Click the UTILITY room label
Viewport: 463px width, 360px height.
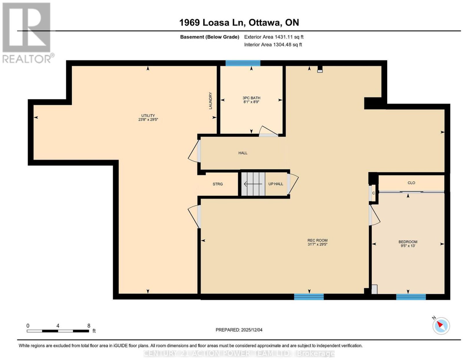[x=148, y=116]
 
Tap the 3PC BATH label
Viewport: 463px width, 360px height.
[x=251, y=98]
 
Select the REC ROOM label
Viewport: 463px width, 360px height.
[x=317, y=240]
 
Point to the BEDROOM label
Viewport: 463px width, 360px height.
[x=408, y=242]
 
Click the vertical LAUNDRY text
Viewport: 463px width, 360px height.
[x=210, y=100]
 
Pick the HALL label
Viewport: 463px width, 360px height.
[x=243, y=153]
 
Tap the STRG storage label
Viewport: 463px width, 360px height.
[x=218, y=184]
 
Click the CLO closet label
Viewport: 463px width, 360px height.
[x=411, y=183]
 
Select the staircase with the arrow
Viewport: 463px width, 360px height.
[x=253, y=184]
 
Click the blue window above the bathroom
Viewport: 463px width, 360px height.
[x=243, y=63]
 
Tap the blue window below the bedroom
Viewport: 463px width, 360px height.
[x=411, y=297]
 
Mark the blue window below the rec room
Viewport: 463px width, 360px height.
[x=309, y=297]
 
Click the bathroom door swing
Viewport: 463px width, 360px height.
[x=268, y=131]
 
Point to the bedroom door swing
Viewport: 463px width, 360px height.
[x=374, y=215]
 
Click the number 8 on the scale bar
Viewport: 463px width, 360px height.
[x=89, y=326]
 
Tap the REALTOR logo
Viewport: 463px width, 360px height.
[x=27, y=33]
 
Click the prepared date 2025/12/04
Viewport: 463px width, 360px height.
[x=251, y=330]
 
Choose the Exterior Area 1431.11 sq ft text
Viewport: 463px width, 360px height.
[x=273, y=37]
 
